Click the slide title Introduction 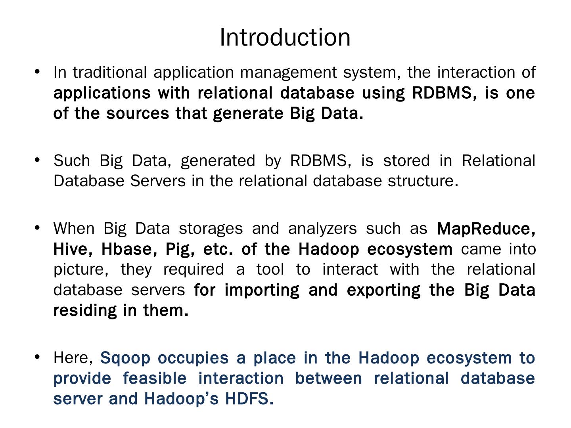(x=285, y=37)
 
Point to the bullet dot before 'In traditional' (x=37, y=72)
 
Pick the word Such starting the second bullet (x=71, y=161)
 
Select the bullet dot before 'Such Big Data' (x=37, y=160)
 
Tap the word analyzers (x=322, y=229)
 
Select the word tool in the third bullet (x=270, y=269)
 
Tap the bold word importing (x=262, y=290)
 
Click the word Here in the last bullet (x=73, y=358)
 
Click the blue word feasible (x=154, y=378)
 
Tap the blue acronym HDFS (x=249, y=399)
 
